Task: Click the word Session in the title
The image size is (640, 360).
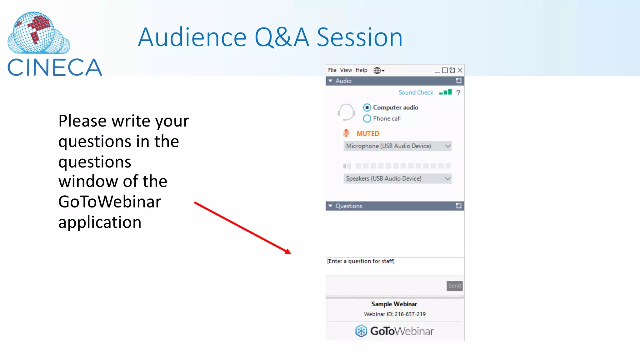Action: (360, 37)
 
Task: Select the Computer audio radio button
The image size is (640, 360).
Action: (367, 107)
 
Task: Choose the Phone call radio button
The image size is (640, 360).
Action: (367, 118)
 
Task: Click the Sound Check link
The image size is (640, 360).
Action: (416, 92)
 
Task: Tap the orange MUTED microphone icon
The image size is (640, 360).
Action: (346, 133)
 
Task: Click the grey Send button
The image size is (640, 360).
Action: (454, 286)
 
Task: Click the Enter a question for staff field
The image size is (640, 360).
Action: (394, 266)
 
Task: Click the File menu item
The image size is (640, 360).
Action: (332, 70)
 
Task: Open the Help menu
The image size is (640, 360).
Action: (361, 70)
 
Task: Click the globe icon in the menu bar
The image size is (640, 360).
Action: (377, 70)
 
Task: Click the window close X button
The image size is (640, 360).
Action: (460, 70)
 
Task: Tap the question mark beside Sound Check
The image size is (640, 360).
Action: (458, 92)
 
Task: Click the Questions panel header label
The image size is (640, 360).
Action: (349, 206)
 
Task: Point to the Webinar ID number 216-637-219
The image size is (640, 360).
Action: (410, 314)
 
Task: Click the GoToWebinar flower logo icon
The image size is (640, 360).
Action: (361, 331)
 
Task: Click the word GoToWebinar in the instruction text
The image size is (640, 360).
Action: (110, 202)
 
